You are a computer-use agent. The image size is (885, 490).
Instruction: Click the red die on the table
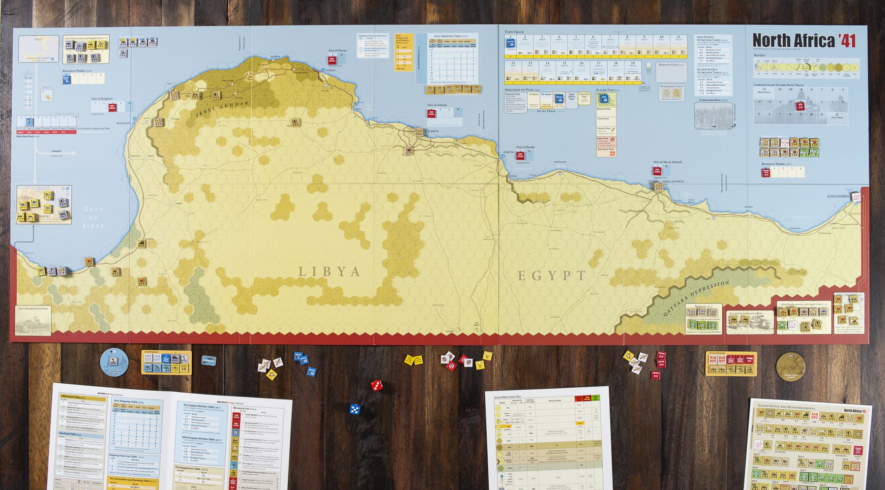[376, 385]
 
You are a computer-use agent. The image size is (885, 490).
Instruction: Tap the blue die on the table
[354, 409]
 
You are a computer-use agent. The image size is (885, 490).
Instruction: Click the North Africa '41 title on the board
[803, 40]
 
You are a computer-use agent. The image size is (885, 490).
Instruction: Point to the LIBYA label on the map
[329, 271]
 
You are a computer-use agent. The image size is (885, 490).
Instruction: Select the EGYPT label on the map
[552, 276]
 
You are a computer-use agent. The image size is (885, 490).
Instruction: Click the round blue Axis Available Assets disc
[114, 362]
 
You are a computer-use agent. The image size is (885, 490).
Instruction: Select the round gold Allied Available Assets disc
[791, 367]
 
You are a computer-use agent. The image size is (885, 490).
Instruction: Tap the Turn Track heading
[514, 32]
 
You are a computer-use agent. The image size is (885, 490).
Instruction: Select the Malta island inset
[47, 93]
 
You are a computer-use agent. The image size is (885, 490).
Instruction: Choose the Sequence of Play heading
[522, 90]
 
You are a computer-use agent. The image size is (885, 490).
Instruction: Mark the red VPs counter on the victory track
[798, 106]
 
